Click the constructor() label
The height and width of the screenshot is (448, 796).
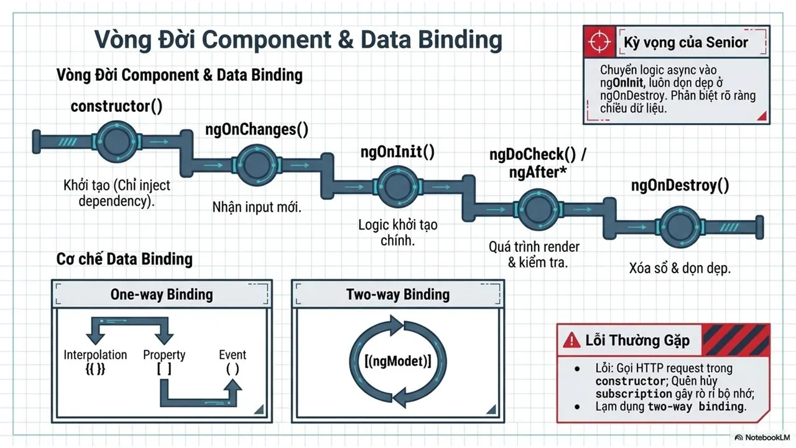point(116,106)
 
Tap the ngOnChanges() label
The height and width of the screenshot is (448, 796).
point(257,129)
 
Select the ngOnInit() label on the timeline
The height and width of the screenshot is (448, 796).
point(397,152)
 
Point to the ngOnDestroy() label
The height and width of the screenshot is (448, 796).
point(680,185)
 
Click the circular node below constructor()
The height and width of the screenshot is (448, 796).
point(116,141)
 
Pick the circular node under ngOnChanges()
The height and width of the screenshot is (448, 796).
point(257,165)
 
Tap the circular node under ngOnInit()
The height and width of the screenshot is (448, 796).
point(397,187)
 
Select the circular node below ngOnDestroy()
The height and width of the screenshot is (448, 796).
point(680,227)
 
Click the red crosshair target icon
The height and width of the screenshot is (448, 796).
point(599,41)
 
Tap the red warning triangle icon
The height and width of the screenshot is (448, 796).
point(572,340)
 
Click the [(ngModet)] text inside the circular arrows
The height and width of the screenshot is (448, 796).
point(397,362)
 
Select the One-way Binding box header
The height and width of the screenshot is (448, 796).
point(162,294)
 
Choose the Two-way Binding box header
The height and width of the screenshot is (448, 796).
point(397,294)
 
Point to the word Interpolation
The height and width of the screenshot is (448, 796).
point(95,355)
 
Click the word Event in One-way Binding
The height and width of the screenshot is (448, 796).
point(233,355)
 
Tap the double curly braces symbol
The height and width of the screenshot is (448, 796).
point(95,369)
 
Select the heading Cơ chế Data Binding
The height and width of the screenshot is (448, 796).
point(124,259)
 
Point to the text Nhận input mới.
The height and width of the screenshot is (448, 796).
point(257,207)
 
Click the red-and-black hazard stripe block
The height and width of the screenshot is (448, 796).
point(736,340)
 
